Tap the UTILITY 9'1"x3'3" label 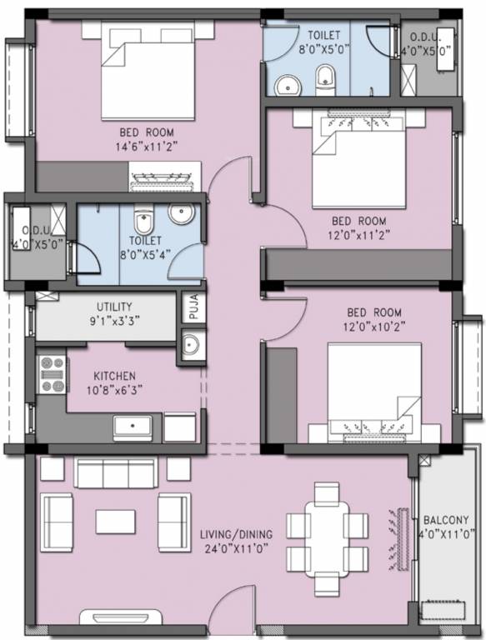(113, 312)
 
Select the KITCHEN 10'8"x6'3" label (114, 382)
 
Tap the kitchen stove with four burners (52, 374)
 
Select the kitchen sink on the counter (133, 427)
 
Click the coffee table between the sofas (115, 521)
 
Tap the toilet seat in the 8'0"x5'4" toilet (143, 223)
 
